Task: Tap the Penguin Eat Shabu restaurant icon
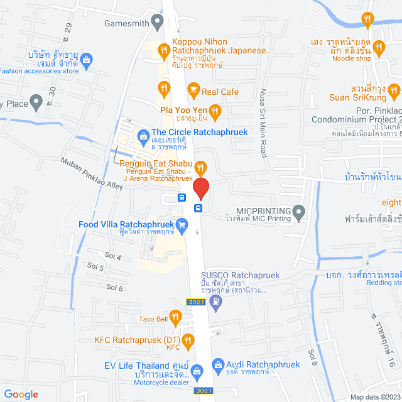[201, 166]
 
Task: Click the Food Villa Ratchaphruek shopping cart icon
[182, 224]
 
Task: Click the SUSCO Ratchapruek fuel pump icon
[217, 301]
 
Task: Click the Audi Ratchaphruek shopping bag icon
[217, 364]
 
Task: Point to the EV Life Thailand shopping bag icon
[198, 371]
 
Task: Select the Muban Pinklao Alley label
[92, 173]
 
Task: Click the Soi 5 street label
[96, 268]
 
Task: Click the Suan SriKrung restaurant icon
[394, 92]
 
